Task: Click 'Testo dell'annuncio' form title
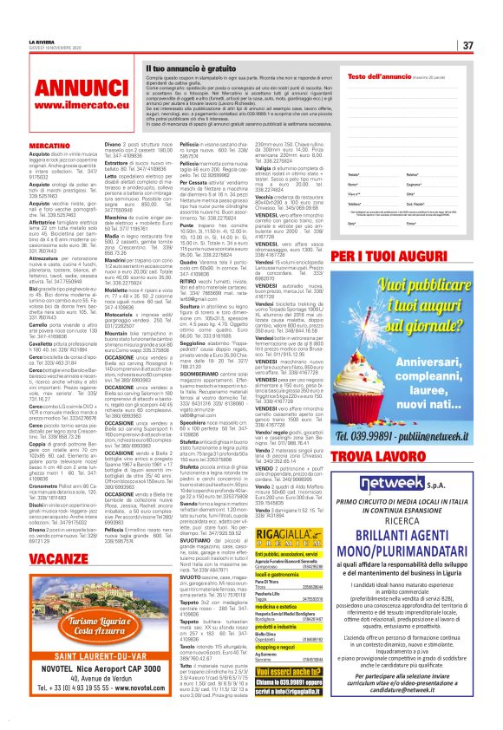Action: tap(373, 76)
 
